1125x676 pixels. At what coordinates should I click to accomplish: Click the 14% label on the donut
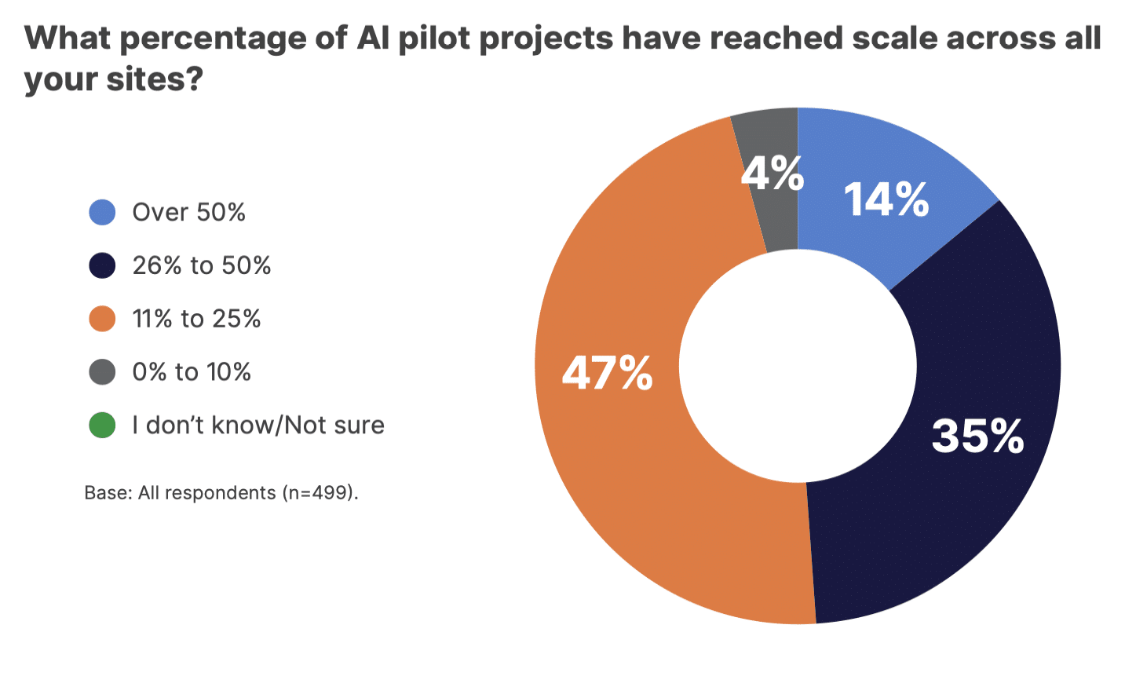tap(886, 199)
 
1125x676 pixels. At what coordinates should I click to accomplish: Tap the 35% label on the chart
tap(977, 436)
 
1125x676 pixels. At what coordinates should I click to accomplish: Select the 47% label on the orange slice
tap(607, 373)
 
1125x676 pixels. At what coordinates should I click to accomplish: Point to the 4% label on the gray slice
tap(773, 173)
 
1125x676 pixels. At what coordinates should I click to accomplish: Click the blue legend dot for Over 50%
tap(102, 212)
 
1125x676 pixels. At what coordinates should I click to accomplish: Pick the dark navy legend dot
tap(102, 265)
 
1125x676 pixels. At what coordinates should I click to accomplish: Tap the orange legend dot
tap(102, 319)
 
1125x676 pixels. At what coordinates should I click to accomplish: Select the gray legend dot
tap(102, 371)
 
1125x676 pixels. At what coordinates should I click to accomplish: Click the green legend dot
tap(102, 425)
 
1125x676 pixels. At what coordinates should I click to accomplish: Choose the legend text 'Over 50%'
tap(188, 212)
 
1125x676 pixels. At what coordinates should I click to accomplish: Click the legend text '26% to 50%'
tap(201, 265)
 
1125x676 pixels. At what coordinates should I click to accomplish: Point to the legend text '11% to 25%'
tap(196, 319)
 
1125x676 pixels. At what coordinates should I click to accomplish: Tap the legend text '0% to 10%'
tap(192, 371)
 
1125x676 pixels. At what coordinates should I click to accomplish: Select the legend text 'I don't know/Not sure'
tap(258, 425)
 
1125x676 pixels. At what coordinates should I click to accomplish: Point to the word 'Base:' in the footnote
tap(108, 493)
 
